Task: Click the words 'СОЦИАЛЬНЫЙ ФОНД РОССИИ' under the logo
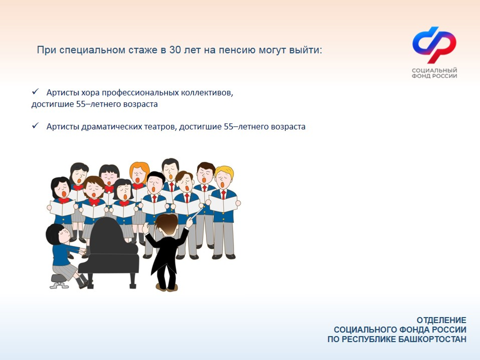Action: [x=434, y=73]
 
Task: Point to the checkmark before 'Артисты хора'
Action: [x=35, y=92]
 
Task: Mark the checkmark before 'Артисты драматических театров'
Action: [x=35, y=126]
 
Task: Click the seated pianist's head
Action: [x=53, y=233]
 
